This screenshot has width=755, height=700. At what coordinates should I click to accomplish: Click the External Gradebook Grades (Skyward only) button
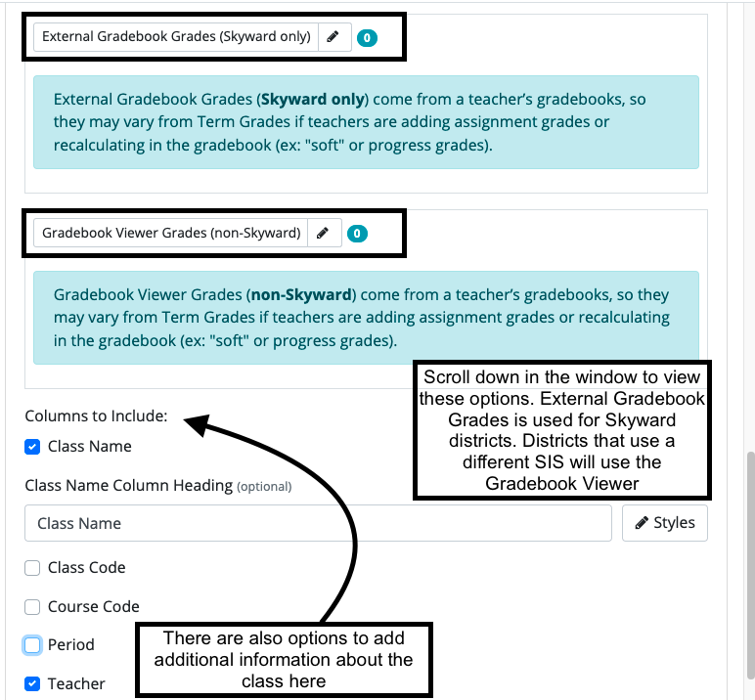pyautogui.click(x=176, y=37)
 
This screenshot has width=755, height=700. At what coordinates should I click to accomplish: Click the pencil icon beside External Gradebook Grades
pyautogui.click(x=333, y=37)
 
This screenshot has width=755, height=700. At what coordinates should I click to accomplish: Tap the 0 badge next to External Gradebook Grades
pyautogui.click(x=367, y=38)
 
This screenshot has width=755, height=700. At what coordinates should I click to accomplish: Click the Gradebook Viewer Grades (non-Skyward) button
pyautogui.click(x=171, y=233)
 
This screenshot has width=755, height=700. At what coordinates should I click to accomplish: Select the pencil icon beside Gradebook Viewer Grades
pyautogui.click(x=324, y=233)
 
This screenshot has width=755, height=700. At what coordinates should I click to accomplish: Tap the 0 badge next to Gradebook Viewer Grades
pyautogui.click(x=357, y=234)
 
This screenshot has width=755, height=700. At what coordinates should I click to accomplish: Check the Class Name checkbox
pyautogui.click(x=32, y=447)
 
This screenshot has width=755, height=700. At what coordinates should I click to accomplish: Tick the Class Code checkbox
pyautogui.click(x=32, y=568)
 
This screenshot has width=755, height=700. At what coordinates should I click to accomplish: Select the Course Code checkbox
pyautogui.click(x=32, y=607)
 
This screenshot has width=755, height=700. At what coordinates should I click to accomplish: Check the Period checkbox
pyautogui.click(x=32, y=645)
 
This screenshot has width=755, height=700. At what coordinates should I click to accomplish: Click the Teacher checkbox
pyautogui.click(x=32, y=684)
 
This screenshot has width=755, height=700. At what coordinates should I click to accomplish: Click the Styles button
pyautogui.click(x=665, y=523)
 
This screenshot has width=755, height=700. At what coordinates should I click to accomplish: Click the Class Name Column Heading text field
pyautogui.click(x=318, y=523)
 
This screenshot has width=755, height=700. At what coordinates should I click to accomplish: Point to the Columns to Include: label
pyautogui.click(x=96, y=416)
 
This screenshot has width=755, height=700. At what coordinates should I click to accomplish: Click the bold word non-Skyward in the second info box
pyautogui.click(x=300, y=294)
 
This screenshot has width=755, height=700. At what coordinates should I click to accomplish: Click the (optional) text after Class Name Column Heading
pyautogui.click(x=264, y=486)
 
